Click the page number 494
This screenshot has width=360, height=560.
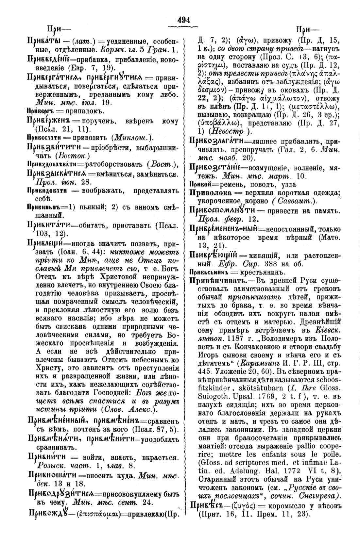pyautogui.click(x=183, y=19)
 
